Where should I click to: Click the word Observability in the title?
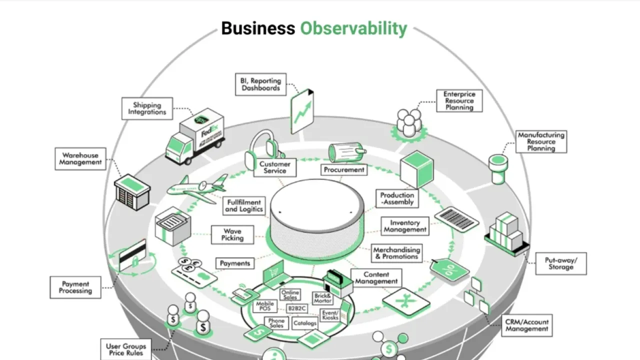point(353,28)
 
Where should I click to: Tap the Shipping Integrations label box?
point(147,108)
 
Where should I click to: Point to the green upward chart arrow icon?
point(302,111)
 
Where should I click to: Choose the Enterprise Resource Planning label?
point(459,100)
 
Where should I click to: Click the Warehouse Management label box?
point(80,158)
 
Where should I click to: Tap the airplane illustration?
point(196,188)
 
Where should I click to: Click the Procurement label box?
point(343,170)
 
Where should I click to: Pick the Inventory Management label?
point(405,226)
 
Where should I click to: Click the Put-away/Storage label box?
point(560,263)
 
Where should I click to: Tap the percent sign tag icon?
point(449,270)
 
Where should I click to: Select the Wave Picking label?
point(232,234)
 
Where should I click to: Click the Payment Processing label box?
point(75,287)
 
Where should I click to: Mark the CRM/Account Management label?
point(526,325)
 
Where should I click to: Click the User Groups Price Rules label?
point(126,349)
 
